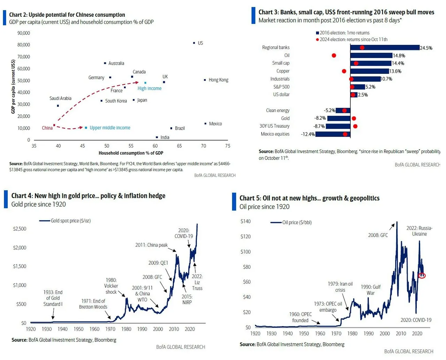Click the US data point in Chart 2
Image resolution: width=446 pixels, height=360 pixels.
[x=194, y=43]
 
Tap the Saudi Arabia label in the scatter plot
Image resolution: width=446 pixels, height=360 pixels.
[x=60, y=98]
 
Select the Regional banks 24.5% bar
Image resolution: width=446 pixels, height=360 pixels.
[x=385, y=48]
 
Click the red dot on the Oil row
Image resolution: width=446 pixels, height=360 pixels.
[x=334, y=55]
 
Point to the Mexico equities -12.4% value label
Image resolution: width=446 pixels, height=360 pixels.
[x=308, y=134]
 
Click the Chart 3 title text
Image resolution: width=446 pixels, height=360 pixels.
[x=346, y=12]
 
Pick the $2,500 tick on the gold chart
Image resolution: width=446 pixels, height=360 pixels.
[x=20, y=229]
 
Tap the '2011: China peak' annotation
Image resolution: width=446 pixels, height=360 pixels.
[x=151, y=245]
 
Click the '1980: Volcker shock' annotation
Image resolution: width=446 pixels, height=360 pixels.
[x=111, y=286]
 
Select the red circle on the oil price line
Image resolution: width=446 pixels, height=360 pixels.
[x=422, y=275]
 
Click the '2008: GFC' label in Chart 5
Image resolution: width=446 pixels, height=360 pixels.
[x=378, y=235]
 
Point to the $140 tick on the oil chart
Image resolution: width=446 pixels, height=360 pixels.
[x=245, y=221]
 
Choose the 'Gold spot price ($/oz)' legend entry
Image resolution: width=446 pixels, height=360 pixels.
[x=70, y=221]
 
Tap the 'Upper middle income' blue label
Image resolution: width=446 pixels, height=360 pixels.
[x=110, y=128]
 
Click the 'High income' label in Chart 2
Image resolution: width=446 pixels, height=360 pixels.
[x=149, y=89]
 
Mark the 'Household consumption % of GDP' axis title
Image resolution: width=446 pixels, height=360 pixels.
[x=131, y=153]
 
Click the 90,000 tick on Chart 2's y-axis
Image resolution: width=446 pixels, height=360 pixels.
[x=24, y=33]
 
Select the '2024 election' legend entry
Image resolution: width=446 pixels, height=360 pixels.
[x=353, y=39]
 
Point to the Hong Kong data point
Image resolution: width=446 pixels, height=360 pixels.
[x=205, y=80]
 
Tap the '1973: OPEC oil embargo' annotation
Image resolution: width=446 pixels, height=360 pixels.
[x=328, y=307]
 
